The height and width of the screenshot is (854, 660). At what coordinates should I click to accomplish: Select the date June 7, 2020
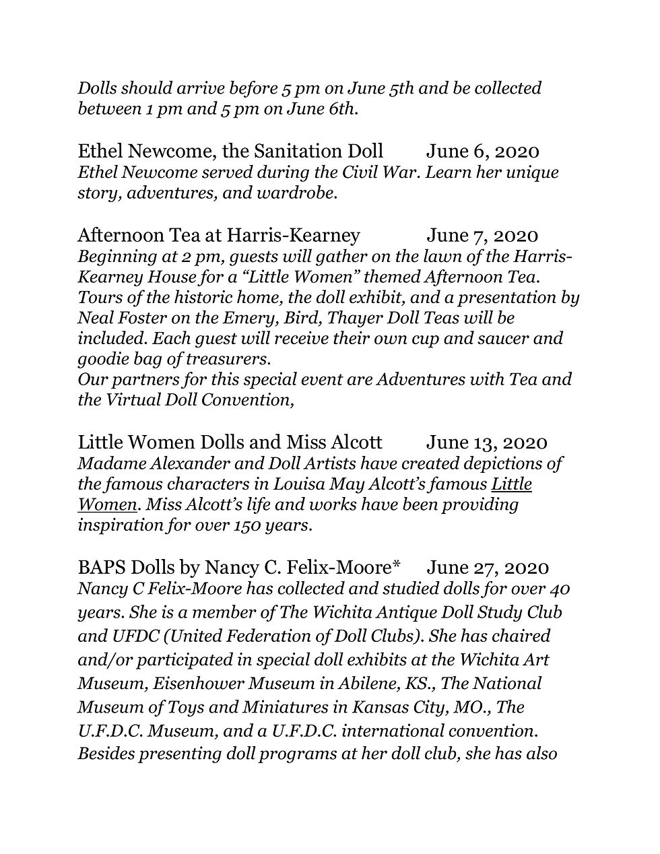click(482, 235)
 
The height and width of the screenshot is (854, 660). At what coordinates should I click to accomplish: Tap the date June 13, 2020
click(486, 442)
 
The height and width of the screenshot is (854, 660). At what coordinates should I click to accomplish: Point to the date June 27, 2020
click(488, 568)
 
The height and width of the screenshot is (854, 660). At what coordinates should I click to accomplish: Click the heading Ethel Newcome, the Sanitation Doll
click(230, 152)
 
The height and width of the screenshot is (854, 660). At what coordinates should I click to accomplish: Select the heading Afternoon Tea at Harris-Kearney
click(219, 235)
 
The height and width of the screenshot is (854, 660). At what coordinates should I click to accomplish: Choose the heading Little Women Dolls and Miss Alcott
click(230, 442)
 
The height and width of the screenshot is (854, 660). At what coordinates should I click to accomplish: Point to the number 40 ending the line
click(559, 589)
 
